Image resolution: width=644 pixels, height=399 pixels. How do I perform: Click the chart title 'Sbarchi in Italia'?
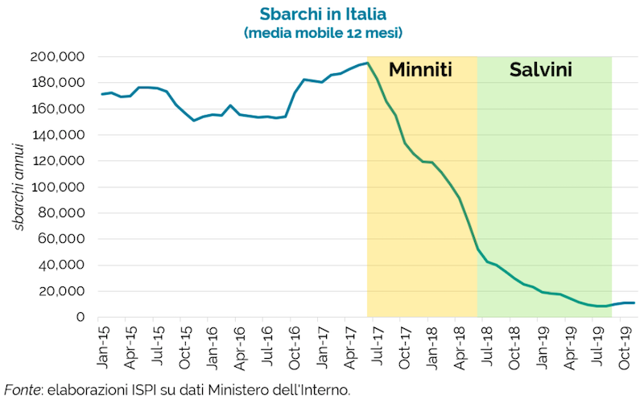click(x=322, y=14)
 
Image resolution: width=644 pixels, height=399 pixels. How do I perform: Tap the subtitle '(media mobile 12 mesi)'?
click(x=322, y=33)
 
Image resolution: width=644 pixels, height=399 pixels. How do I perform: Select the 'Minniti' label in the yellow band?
click(x=420, y=70)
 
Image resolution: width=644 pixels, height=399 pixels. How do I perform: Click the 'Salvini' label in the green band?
click(x=541, y=70)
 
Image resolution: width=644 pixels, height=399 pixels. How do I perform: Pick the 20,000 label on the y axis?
click(x=67, y=291)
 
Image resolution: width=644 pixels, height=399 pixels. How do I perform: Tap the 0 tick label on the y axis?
click(x=80, y=317)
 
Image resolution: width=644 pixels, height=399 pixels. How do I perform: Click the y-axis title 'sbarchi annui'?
click(x=18, y=187)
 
